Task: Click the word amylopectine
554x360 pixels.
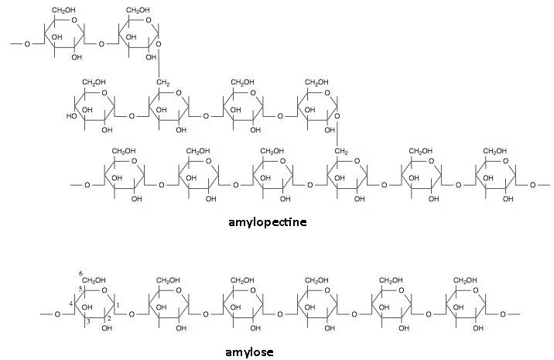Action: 268,222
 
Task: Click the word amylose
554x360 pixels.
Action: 249,352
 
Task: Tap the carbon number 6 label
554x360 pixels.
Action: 81,274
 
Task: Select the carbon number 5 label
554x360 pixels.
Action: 80,289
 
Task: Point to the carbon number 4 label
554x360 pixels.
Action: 71,304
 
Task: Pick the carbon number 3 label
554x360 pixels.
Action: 88,321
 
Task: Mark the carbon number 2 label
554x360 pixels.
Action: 109,318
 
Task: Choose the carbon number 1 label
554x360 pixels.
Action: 118,305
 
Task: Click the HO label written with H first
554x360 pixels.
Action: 70,116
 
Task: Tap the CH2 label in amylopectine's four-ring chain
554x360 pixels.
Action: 163,83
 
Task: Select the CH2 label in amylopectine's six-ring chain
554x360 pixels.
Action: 341,152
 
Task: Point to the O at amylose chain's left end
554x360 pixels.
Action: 57,314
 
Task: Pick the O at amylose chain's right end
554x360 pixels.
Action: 503,314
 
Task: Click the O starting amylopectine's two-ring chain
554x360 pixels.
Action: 27,44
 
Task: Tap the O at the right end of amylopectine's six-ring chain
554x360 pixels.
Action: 532,185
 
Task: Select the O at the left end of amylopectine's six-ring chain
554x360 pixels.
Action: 87,185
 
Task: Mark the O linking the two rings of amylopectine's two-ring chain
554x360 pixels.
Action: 101,44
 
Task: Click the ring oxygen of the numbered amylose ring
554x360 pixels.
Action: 104,290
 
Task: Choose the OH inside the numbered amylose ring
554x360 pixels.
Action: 87,307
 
